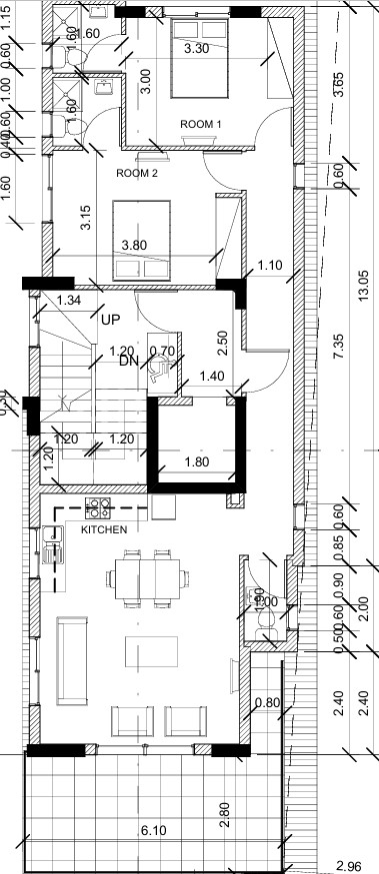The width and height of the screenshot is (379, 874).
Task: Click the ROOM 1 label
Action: coord(201,124)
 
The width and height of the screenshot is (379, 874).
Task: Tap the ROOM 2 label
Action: coord(138,173)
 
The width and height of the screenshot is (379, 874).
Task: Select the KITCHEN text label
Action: coord(104,529)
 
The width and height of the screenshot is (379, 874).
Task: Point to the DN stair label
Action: coord(128,361)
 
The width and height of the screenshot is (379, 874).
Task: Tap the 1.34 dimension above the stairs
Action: coord(69,301)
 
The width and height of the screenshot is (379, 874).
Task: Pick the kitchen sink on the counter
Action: coord(52,544)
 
